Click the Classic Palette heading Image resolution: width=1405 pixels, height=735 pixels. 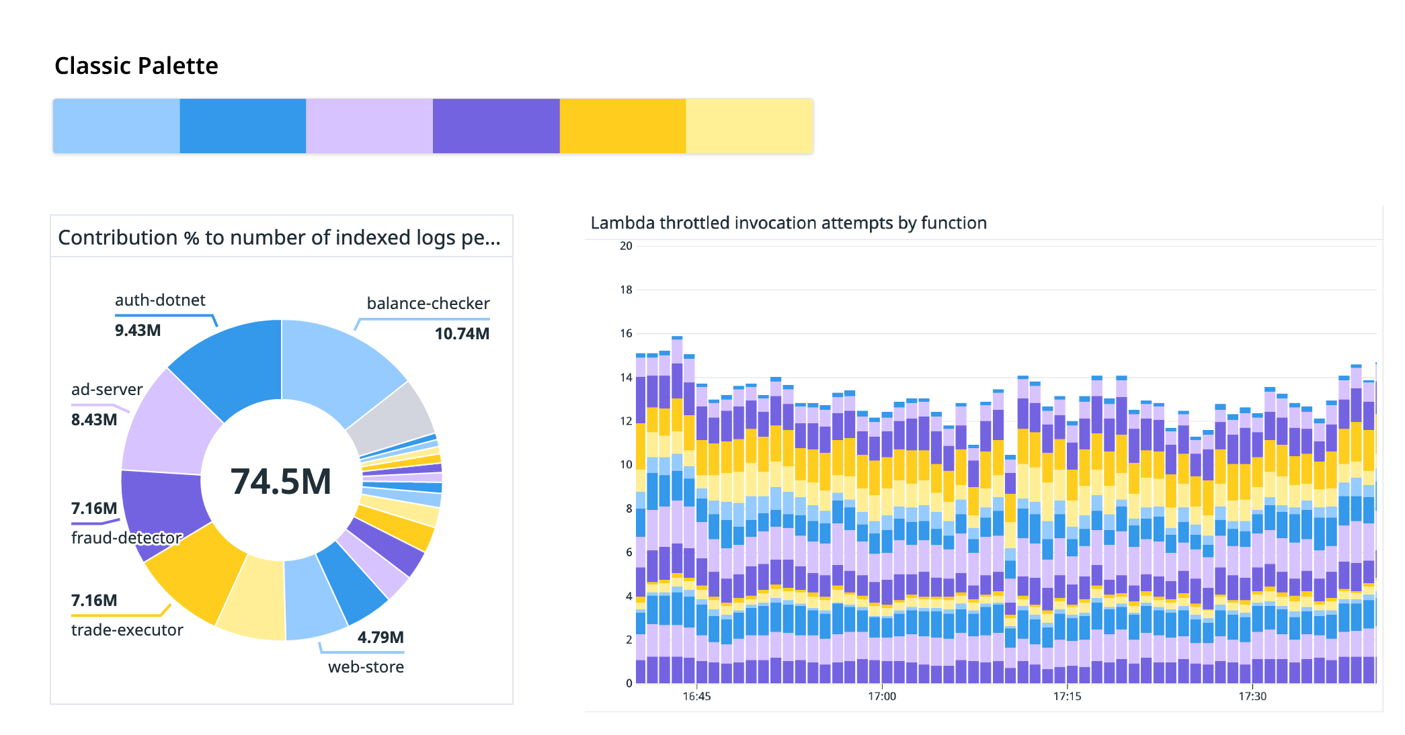click(x=136, y=66)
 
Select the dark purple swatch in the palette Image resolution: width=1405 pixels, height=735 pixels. click(x=496, y=126)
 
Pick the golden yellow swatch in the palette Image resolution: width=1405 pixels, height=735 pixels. click(x=623, y=126)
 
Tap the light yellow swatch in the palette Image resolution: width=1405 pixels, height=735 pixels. click(x=749, y=126)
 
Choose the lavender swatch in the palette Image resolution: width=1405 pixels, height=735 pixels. click(x=369, y=126)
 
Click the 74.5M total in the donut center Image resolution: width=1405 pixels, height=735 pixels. click(x=281, y=482)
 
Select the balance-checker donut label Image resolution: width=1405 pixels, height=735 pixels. click(x=428, y=304)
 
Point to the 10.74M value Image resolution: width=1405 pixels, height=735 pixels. click(x=462, y=334)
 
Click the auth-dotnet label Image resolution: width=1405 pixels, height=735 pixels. click(x=160, y=300)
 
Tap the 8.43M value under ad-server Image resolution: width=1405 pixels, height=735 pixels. click(x=94, y=420)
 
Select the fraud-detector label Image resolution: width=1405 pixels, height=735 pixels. click(x=126, y=538)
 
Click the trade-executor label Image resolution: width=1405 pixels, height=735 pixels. click(x=127, y=630)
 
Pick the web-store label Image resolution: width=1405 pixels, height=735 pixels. click(x=366, y=667)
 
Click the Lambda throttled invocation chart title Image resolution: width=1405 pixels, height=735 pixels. click(x=788, y=223)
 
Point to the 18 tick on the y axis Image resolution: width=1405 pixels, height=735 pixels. click(x=626, y=290)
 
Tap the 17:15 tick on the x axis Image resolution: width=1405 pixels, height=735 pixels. click(x=1067, y=696)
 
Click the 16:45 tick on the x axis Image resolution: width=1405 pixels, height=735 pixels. click(x=696, y=696)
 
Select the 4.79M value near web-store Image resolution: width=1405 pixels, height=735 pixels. click(x=380, y=638)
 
